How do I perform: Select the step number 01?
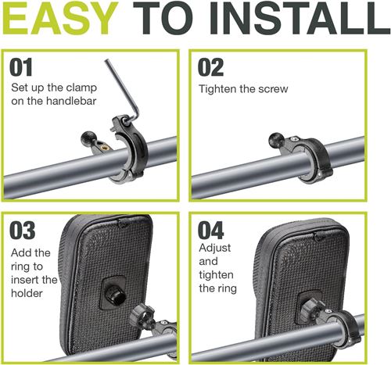[21, 67]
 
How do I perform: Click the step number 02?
[210, 67]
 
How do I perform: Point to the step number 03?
[23, 231]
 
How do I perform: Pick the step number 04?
[210, 231]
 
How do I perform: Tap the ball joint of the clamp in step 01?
[88, 139]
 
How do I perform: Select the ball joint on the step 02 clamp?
[276, 140]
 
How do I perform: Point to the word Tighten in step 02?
[217, 89]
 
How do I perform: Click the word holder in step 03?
[27, 293]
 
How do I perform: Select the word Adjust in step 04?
[215, 248]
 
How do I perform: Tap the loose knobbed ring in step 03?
[143, 316]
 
